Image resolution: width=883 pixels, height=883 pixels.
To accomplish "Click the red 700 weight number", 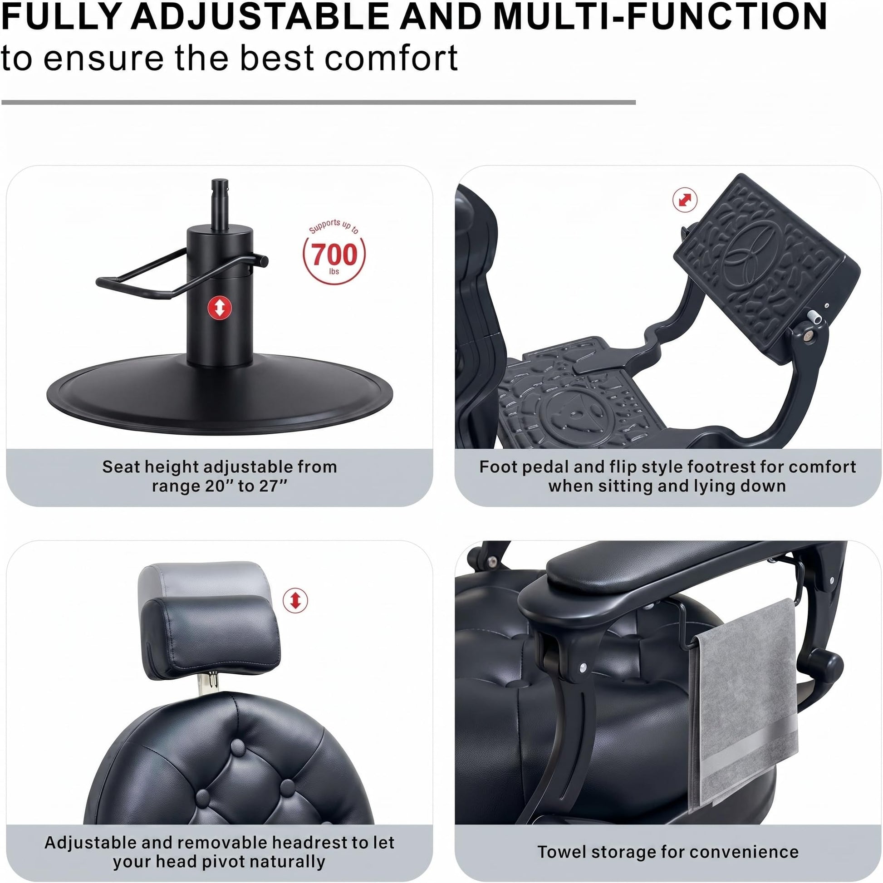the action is pyautogui.click(x=334, y=254).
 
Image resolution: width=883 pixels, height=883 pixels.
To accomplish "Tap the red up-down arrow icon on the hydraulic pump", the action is pyautogui.click(x=220, y=308).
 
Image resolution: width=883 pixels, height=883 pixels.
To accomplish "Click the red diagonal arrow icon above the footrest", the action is pyautogui.click(x=685, y=200).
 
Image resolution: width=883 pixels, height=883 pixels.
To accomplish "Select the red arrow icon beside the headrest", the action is pyautogui.click(x=295, y=601).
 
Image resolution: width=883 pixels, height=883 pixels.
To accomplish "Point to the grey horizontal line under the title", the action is pyautogui.click(x=319, y=103).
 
